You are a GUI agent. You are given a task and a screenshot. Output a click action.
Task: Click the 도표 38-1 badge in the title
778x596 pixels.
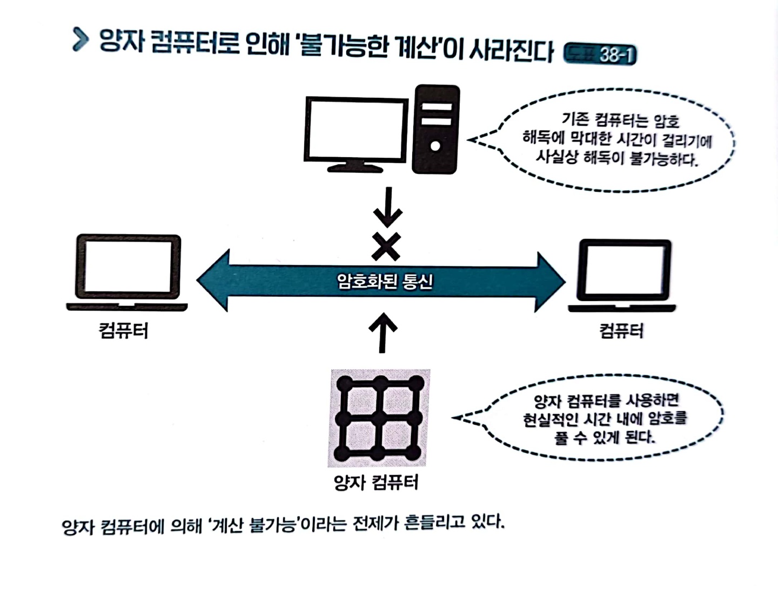coord(600,55)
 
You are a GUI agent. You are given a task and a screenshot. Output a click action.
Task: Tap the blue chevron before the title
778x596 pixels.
coord(80,40)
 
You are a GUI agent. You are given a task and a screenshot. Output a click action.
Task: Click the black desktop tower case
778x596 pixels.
coord(435,130)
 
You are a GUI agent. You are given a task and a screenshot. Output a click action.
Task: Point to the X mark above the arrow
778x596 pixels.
coord(386,247)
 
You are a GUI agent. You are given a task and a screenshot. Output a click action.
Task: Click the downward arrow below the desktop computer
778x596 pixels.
coord(387,207)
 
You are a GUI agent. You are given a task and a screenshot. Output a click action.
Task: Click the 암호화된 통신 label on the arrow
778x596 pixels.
coord(385,281)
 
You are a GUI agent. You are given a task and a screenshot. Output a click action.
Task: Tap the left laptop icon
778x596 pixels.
coord(128,272)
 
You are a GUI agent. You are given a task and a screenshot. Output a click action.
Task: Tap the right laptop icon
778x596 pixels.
coord(623,276)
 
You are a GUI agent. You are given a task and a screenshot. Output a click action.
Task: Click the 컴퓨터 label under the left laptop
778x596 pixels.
coord(124,330)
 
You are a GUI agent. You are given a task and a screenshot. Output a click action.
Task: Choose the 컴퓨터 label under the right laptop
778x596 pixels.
coord(621,330)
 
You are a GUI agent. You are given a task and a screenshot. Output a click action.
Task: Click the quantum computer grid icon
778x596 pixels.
coord(379,418)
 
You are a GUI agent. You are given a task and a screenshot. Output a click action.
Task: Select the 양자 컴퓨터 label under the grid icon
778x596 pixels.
coord(376,481)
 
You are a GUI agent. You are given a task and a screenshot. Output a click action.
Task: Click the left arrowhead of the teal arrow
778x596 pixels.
coord(214,280)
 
